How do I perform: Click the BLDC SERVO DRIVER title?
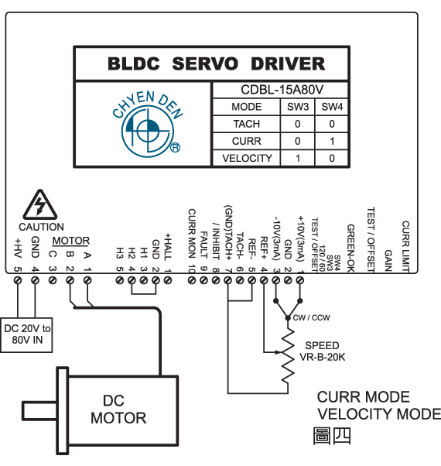(x=216, y=63)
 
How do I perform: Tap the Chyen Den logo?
(x=148, y=124)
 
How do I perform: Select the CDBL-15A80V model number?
(x=282, y=90)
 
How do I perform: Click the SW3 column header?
(x=298, y=106)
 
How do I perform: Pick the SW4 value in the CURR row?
(x=332, y=141)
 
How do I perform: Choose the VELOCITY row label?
(x=247, y=158)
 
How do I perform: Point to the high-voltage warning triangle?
(x=40, y=204)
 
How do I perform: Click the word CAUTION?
(x=41, y=227)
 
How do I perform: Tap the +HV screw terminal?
(x=18, y=280)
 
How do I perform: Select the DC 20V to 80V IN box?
(x=26, y=335)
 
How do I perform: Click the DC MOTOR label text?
(x=118, y=409)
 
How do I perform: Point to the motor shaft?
(x=39, y=411)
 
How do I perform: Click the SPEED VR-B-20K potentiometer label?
(x=322, y=351)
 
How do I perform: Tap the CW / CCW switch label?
(x=311, y=317)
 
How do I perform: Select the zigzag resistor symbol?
(x=288, y=357)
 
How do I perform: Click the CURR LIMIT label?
(x=405, y=247)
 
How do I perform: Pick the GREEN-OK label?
(x=350, y=248)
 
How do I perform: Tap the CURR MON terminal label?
(x=192, y=234)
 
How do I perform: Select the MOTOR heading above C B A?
(x=71, y=241)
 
